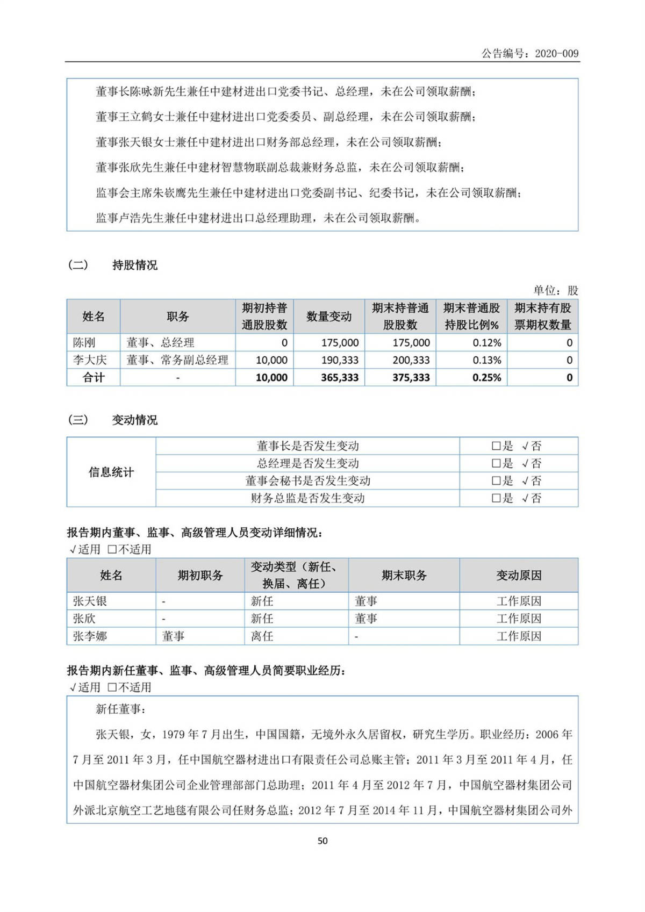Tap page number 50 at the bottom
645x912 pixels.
coord(322,841)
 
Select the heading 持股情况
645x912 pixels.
coord(134,265)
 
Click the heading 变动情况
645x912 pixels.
coord(134,420)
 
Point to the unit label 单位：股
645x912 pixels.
coord(555,290)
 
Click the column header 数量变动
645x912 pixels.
coord(328,317)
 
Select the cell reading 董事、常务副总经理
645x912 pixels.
coord(177,360)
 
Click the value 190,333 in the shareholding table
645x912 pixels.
coord(340,360)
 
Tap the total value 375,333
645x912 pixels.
coord(411,377)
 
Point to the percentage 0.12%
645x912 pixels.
coord(487,342)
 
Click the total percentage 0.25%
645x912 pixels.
coord(487,377)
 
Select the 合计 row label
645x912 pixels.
coord(94,377)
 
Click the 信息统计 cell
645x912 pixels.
coord(111,472)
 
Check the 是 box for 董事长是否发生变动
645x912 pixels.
coord(496,446)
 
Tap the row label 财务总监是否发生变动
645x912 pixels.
coord(307,498)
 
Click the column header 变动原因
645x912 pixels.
coord(519,575)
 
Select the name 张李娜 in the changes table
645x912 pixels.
coord(90,636)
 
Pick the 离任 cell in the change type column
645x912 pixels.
coord(262,636)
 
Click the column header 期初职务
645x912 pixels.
coord(200,575)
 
